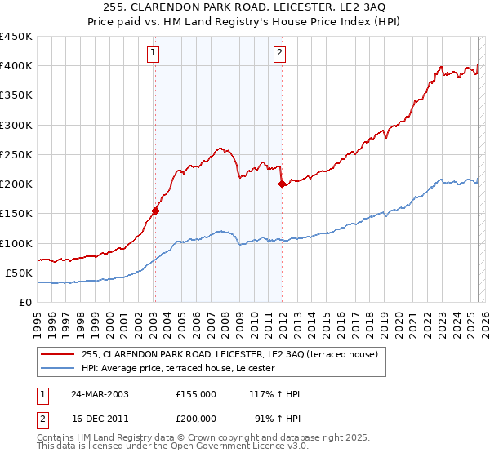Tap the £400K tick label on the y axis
[x=16, y=66]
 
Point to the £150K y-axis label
[x=16, y=214]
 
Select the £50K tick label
[x=20, y=273]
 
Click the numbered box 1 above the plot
[x=154, y=54]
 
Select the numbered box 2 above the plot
[x=279, y=54]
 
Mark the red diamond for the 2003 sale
[x=155, y=211]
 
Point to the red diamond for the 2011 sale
[x=282, y=184]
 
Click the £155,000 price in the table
[x=196, y=393]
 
